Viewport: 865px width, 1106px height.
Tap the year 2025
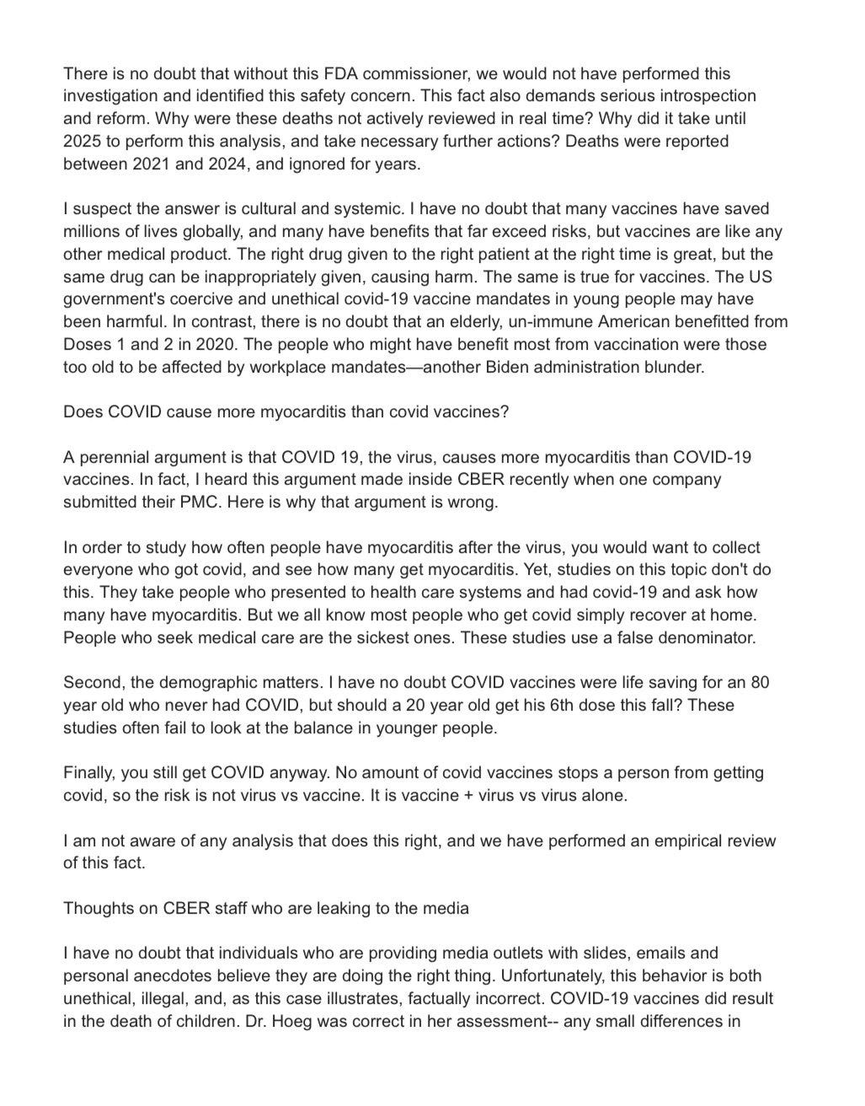(x=83, y=141)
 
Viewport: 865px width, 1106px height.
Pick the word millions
(x=91, y=231)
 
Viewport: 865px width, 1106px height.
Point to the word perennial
(x=115, y=458)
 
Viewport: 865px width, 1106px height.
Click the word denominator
(x=705, y=637)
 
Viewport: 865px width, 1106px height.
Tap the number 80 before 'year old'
(x=761, y=682)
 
